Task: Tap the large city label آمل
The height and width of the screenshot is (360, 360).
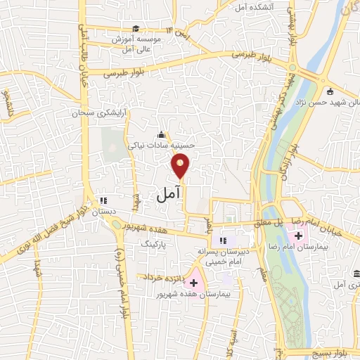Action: tap(168, 193)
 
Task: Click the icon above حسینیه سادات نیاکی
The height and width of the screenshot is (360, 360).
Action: tap(162, 134)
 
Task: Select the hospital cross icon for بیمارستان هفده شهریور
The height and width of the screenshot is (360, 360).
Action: tap(194, 282)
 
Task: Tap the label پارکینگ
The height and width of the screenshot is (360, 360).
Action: tap(156, 243)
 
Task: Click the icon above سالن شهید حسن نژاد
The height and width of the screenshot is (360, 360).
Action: tap(330, 90)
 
